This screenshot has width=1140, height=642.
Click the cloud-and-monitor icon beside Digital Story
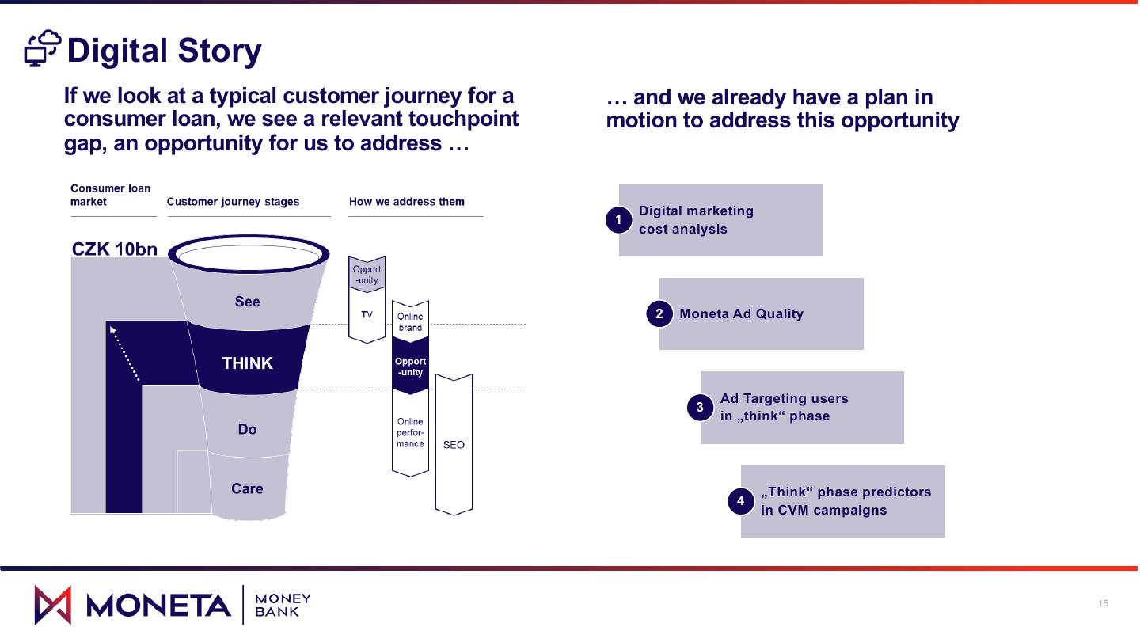pyautogui.click(x=43, y=49)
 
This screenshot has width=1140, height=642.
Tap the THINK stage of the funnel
pyautogui.click(x=247, y=363)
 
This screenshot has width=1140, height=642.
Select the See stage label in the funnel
pyautogui.click(x=247, y=302)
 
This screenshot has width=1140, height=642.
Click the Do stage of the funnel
pyautogui.click(x=247, y=429)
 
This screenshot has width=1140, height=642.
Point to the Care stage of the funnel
pyautogui.click(x=247, y=488)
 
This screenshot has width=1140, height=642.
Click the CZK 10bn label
pyautogui.click(x=115, y=249)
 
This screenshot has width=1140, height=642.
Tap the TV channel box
pyautogui.click(x=367, y=315)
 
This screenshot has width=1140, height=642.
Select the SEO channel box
pyautogui.click(x=454, y=445)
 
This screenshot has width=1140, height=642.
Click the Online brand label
pyautogui.click(x=410, y=322)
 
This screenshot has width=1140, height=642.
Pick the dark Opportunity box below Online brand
pyautogui.click(x=410, y=367)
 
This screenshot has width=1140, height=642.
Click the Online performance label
pyautogui.click(x=410, y=433)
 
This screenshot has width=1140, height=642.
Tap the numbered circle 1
pyautogui.click(x=618, y=220)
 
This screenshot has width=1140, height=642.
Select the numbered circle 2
pyautogui.click(x=659, y=314)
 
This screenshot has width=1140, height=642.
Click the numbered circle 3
pyautogui.click(x=700, y=408)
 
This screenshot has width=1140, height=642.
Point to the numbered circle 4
pyautogui.click(x=741, y=501)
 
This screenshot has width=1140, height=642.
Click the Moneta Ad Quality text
pyautogui.click(x=741, y=314)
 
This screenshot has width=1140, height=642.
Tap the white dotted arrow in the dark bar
pyautogui.click(x=125, y=352)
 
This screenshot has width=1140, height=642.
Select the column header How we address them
pyautogui.click(x=407, y=202)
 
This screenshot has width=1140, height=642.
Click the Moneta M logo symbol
pyautogui.click(x=53, y=605)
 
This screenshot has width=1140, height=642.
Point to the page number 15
pyautogui.click(x=1104, y=604)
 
